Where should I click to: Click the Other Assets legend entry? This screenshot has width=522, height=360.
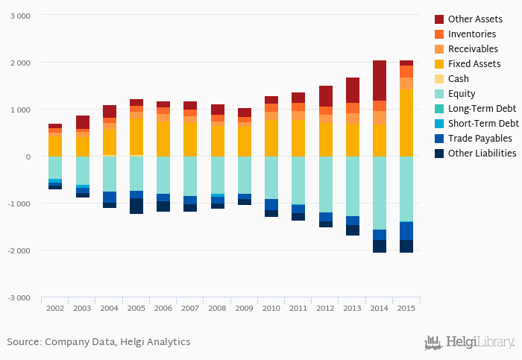(473, 19)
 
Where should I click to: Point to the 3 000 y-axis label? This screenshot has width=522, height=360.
(20, 16)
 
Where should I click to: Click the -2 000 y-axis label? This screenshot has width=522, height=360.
(19, 250)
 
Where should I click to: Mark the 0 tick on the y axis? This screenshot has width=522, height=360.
(28, 157)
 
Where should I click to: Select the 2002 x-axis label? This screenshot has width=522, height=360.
(55, 307)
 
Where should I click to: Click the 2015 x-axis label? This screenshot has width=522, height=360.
(406, 307)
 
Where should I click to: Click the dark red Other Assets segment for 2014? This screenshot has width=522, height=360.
(379, 80)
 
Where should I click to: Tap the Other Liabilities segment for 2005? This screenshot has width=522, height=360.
(136, 206)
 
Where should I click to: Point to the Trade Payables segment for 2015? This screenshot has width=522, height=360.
(406, 231)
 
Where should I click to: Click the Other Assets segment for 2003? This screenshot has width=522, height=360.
(82, 122)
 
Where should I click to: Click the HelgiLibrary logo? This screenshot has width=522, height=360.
(469, 342)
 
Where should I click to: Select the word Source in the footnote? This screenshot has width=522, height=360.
(23, 342)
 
